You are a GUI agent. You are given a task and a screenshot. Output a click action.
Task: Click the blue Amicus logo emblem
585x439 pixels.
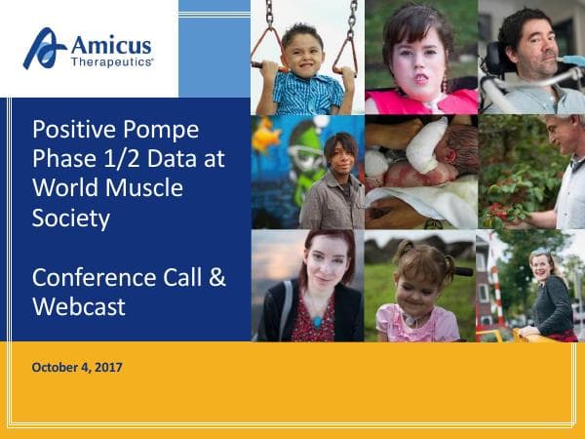(x=45, y=48)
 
